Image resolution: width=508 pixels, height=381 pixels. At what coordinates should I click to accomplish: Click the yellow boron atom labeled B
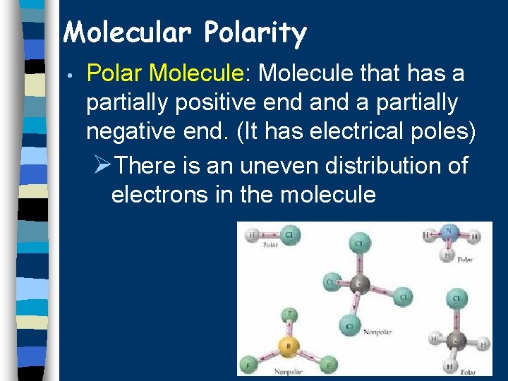click(x=287, y=346)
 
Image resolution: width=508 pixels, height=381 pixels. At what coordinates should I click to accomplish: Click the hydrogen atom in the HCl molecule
click(x=252, y=235)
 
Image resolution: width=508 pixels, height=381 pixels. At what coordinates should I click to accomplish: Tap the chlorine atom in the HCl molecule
click(x=288, y=234)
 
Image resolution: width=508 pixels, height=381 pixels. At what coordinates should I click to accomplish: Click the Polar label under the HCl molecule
click(x=270, y=246)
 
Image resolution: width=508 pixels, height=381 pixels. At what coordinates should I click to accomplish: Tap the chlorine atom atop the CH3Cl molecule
click(x=457, y=298)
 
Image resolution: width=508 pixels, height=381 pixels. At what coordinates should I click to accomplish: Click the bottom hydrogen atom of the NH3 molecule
click(x=447, y=255)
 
